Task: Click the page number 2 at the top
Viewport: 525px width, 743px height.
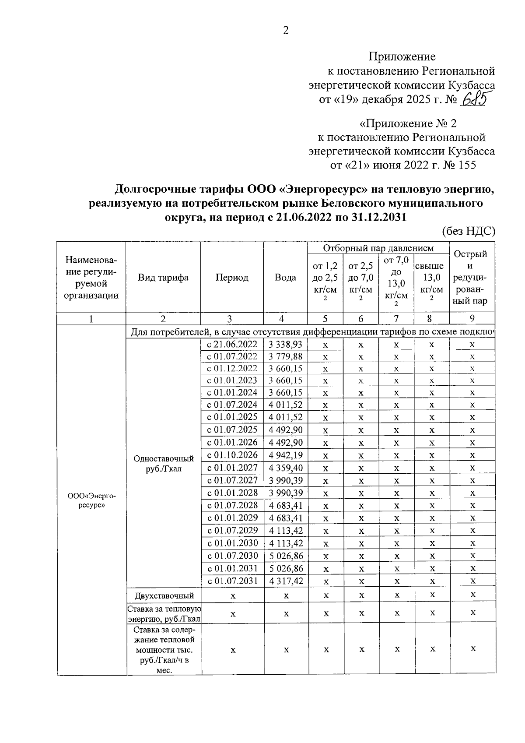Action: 286,30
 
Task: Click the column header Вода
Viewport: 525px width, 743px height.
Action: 285,278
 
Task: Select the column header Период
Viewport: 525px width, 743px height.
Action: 232,278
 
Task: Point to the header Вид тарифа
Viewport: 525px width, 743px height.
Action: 163,278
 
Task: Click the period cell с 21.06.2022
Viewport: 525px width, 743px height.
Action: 232,344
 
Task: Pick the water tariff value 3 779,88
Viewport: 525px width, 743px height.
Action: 286,356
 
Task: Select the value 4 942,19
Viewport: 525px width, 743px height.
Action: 286,455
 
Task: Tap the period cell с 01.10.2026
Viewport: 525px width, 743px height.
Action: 232,455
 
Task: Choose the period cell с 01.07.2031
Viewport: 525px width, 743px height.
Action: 232,581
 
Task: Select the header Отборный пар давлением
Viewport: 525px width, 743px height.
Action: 378,248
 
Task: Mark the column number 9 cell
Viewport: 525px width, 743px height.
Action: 472,319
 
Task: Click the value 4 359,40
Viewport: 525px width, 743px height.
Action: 286,468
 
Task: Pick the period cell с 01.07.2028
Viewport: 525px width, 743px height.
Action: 232,505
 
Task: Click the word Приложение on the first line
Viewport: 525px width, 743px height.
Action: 402,56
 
